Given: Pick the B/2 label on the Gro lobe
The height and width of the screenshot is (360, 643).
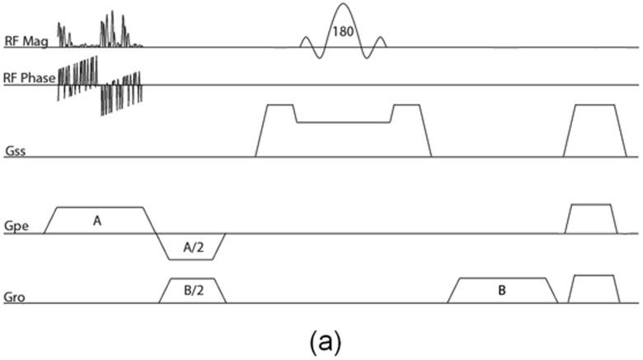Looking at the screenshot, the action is [x=191, y=291].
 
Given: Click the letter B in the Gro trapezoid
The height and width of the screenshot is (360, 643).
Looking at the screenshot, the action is [x=501, y=291].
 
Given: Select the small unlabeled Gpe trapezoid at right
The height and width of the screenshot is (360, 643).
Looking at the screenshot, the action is [x=590, y=219].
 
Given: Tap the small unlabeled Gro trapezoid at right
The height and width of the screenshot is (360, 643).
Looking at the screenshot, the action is [x=594, y=289].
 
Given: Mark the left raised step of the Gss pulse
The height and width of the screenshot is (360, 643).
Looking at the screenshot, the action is [x=279, y=114].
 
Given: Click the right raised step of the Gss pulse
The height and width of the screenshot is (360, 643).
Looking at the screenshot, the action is [x=406, y=114].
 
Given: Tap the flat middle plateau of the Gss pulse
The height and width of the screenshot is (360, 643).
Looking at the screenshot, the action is [x=343, y=122].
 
